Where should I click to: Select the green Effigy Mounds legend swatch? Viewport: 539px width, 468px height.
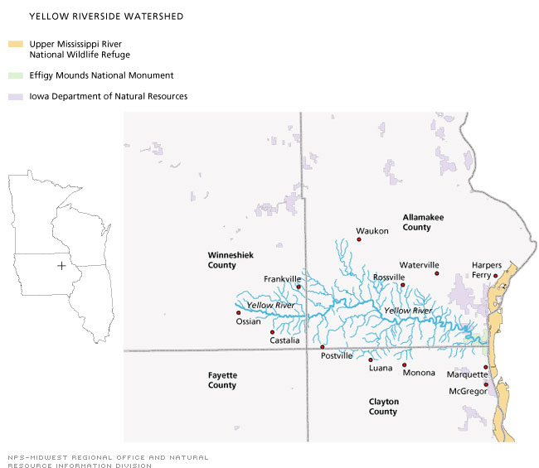pos(15,75)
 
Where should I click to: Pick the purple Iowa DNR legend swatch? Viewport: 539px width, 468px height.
pos(15,96)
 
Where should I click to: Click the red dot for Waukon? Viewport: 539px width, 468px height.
pos(359,239)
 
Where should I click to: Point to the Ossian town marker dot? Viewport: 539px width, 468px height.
pos(239,312)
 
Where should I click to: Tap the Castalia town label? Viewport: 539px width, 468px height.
pos(284,340)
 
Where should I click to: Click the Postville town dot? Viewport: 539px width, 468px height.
pos(323,347)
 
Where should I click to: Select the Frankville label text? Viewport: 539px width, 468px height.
pos(281,279)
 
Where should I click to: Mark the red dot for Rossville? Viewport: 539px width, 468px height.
pos(403,285)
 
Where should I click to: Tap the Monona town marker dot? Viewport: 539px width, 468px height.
pos(405,364)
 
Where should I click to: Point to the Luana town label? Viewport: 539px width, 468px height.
pos(381,369)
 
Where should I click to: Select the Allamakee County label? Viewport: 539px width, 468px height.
pos(423,222)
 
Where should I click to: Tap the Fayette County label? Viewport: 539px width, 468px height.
pos(222,380)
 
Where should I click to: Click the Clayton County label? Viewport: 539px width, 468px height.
pos(384,406)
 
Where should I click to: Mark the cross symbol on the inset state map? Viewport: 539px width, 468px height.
pos(61,265)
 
